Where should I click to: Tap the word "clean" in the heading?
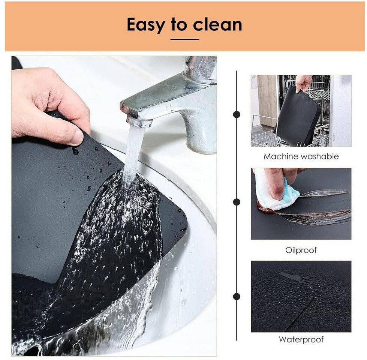(217, 24)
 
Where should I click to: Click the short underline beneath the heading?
(185, 39)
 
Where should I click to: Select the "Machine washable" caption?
(301, 156)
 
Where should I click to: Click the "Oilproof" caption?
(301, 250)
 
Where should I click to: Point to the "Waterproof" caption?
(301, 339)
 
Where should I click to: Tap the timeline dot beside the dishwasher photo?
(237, 114)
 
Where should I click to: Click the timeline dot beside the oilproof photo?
(237, 202)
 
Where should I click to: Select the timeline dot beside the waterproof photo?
(237, 296)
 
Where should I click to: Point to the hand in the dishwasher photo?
(304, 84)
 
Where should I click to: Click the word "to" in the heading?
(179, 25)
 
